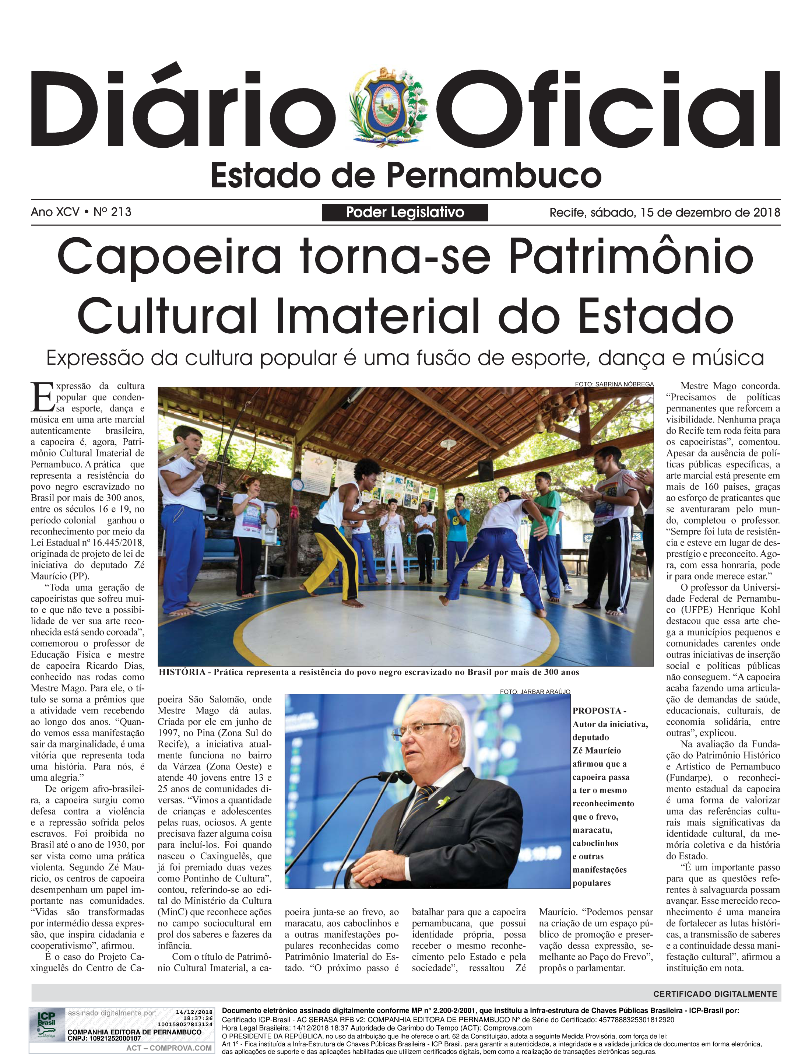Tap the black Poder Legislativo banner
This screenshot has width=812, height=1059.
(x=405, y=212)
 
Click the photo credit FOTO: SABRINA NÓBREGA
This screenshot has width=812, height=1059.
(x=614, y=384)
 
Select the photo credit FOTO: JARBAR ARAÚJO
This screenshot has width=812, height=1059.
(x=535, y=692)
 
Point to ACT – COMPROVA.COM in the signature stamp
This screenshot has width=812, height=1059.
(x=169, y=1048)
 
